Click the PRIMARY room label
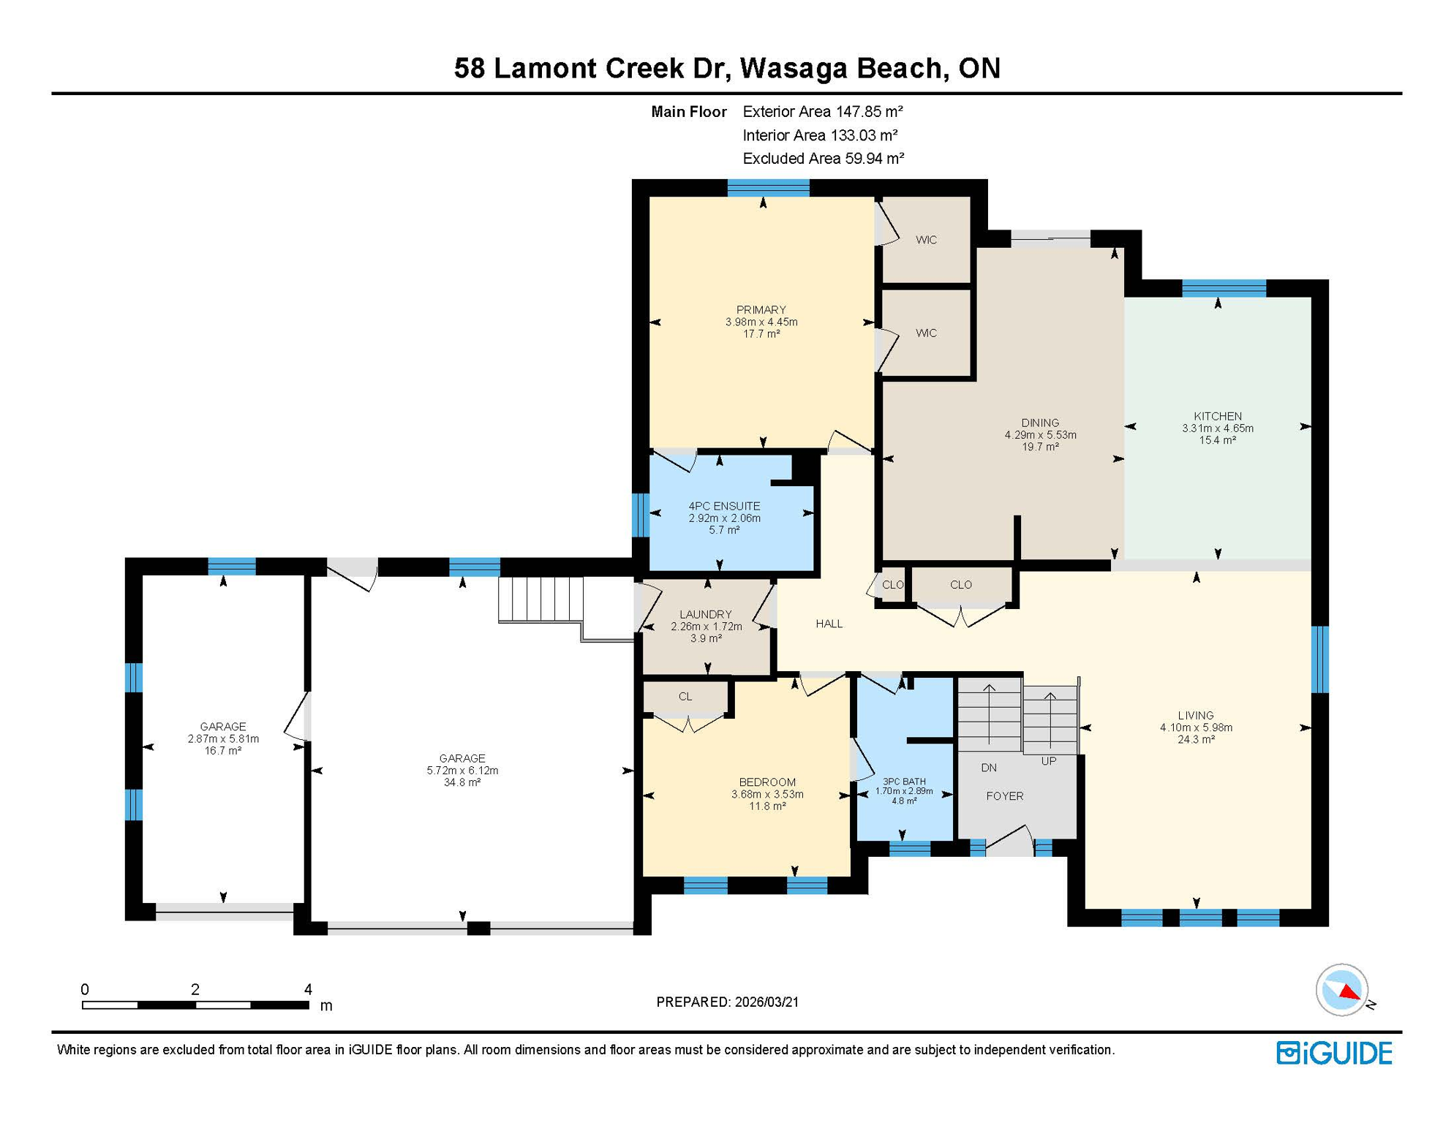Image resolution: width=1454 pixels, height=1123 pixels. coord(761,309)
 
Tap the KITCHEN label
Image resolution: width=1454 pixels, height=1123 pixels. coord(1217,416)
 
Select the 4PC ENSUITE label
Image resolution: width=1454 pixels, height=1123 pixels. coord(724,506)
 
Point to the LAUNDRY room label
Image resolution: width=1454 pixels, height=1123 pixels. coord(705,614)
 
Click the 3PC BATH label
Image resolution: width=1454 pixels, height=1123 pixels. coord(904,782)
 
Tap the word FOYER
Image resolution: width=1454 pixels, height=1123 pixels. coord(1004,796)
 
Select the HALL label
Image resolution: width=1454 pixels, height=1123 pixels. coord(829,624)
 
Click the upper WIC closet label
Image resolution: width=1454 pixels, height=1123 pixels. coord(926,240)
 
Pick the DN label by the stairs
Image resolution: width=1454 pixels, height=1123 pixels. coord(989,768)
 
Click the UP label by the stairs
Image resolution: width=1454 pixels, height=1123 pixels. coord(1049,761)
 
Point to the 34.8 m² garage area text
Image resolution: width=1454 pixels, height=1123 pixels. coord(462,782)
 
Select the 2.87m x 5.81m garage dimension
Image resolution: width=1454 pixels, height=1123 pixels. coord(223,738)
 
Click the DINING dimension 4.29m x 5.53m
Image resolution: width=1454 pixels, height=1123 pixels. coord(1040,435)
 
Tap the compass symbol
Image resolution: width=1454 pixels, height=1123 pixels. coord(1341,989)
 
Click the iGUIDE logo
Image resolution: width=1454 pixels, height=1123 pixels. coord(1334,1053)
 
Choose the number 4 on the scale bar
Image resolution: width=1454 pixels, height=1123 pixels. coord(308,989)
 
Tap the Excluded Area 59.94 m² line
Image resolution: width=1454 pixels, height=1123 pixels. coord(823,159)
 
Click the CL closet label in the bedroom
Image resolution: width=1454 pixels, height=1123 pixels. coord(685,697)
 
